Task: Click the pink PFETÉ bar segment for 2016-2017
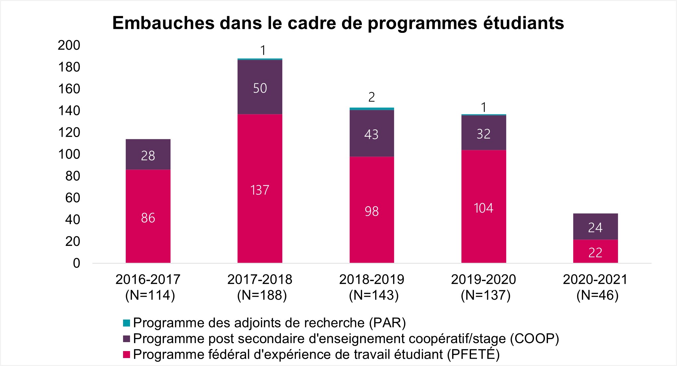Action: click(148, 216)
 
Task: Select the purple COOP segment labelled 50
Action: click(260, 87)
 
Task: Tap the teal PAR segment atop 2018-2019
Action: click(372, 109)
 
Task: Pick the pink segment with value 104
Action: click(483, 206)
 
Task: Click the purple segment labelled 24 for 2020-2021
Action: click(595, 227)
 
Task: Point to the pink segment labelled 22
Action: click(595, 252)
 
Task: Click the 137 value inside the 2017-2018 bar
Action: click(260, 190)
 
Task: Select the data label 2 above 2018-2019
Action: click(372, 97)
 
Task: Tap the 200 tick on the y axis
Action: click(69, 45)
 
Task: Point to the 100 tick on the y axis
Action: click(69, 154)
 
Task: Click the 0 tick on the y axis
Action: click(76, 263)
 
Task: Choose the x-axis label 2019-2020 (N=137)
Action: click(483, 287)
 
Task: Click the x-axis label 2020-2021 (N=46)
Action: click(595, 287)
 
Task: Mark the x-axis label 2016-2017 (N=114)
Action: click(148, 287)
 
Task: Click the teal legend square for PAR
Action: click(126, 323)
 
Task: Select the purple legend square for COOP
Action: click(126, 339)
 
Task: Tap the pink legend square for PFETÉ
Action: click(126, 355)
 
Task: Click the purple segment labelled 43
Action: click(372, 133)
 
